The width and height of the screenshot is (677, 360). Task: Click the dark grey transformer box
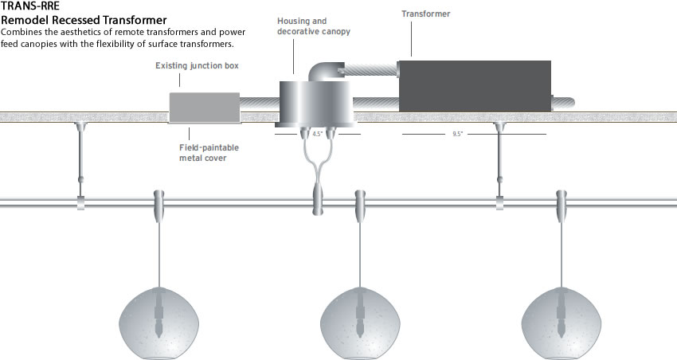pos(475,86)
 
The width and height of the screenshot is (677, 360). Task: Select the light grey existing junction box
pos(204,108)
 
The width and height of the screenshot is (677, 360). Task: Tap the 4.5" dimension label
pos(317,134)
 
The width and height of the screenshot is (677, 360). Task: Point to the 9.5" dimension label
pos(457,134)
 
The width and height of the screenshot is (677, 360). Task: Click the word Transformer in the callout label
pos(426,14)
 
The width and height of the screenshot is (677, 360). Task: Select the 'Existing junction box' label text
pos(197,65)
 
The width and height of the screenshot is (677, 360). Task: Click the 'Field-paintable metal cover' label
pos(209,153)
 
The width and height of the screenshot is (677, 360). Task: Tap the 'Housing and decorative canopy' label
pos(314,26)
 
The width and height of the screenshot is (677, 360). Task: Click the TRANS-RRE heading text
pos(30,6)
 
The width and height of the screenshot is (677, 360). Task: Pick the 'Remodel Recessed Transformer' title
pos(84,20)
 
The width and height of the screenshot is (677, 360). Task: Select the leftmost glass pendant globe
pos(158,323)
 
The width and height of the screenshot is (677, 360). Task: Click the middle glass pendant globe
pos(360,323)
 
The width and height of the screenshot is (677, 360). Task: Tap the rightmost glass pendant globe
pos(562,323)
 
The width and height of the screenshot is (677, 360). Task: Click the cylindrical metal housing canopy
pos(315,104)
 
